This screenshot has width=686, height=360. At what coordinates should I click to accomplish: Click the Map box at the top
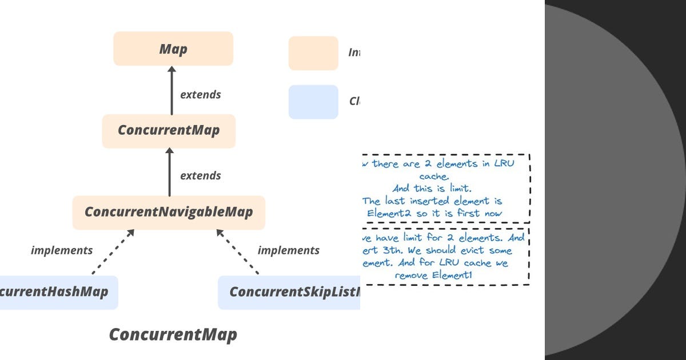(173, 49)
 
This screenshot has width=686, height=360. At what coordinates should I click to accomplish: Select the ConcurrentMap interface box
(169, 130)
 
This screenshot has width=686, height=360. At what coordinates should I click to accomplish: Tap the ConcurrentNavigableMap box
(169, 212)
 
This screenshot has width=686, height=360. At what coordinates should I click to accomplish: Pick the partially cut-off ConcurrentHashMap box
(57, 292)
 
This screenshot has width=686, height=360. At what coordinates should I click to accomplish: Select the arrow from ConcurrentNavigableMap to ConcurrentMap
(169, 171)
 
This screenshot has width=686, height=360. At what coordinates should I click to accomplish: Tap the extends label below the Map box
(200, 94)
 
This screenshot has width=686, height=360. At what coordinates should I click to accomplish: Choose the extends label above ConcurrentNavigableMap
(200, 175)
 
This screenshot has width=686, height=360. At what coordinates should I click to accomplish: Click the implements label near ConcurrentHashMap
(62, 250)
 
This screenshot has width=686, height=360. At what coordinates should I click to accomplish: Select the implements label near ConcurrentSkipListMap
(288, 250)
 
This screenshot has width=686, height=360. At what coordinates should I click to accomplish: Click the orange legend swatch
(313, 53)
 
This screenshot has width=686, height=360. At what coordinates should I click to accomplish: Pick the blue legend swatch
(313, 102)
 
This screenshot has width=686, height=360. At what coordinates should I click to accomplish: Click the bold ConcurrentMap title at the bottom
(173, 334)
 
